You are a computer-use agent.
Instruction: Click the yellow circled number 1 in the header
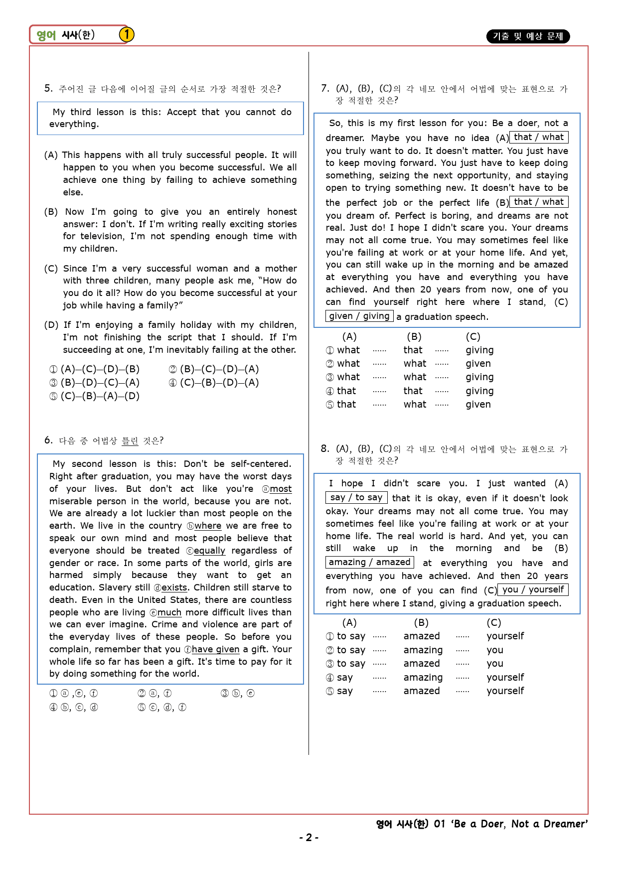(x=127, y=34)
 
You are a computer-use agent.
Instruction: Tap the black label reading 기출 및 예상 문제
(x=528, y=36)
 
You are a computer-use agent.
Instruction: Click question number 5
(x=48, y=89)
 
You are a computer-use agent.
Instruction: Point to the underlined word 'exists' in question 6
(x=174, y=588)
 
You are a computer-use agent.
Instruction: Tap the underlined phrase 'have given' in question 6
(x=215, y=649)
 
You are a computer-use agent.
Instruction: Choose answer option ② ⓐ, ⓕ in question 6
(x=154, y=693)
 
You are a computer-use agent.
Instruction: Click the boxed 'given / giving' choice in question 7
(x=359, y=316)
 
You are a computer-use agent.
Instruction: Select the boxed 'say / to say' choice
(x=356, y=497)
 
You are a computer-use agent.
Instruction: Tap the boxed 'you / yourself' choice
(x=533, y=589)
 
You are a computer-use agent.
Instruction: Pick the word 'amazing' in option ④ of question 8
(x=423, y=678)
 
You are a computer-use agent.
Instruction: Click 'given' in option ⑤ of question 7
(x=478, y=405)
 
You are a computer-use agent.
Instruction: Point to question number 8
(x=325, y=448)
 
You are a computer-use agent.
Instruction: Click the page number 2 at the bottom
(x=309, y=838)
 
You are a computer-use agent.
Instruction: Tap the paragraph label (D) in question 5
(x=51, y=325)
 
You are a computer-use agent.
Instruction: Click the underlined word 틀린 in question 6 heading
(x=130, y=440)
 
